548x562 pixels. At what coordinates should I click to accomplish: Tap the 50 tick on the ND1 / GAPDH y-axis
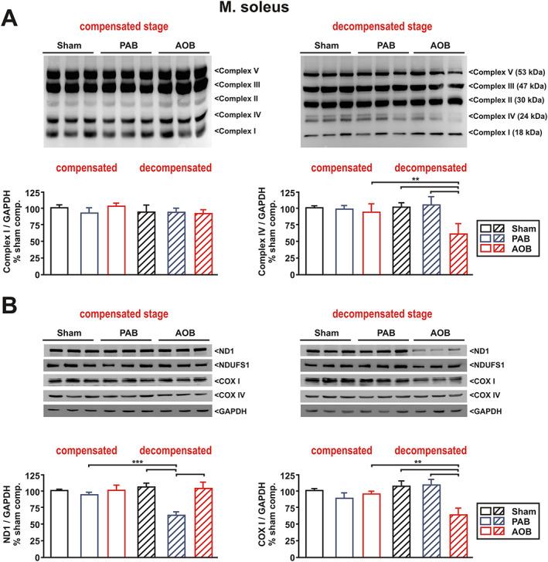(x=34, y=523)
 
